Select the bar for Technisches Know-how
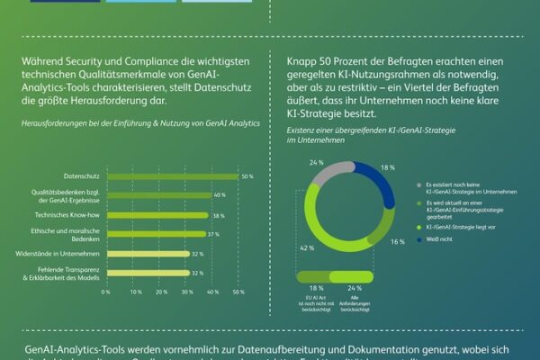pyautogui.click(x=157, y=216)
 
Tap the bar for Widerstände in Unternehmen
pyautogui.click(x=149, y=254)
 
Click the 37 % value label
pyautogui.click(x=213, y=234)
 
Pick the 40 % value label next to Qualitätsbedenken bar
pyautogui.click(x=219, y=195)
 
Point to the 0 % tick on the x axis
pyautogui.click(x=105, y=292)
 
